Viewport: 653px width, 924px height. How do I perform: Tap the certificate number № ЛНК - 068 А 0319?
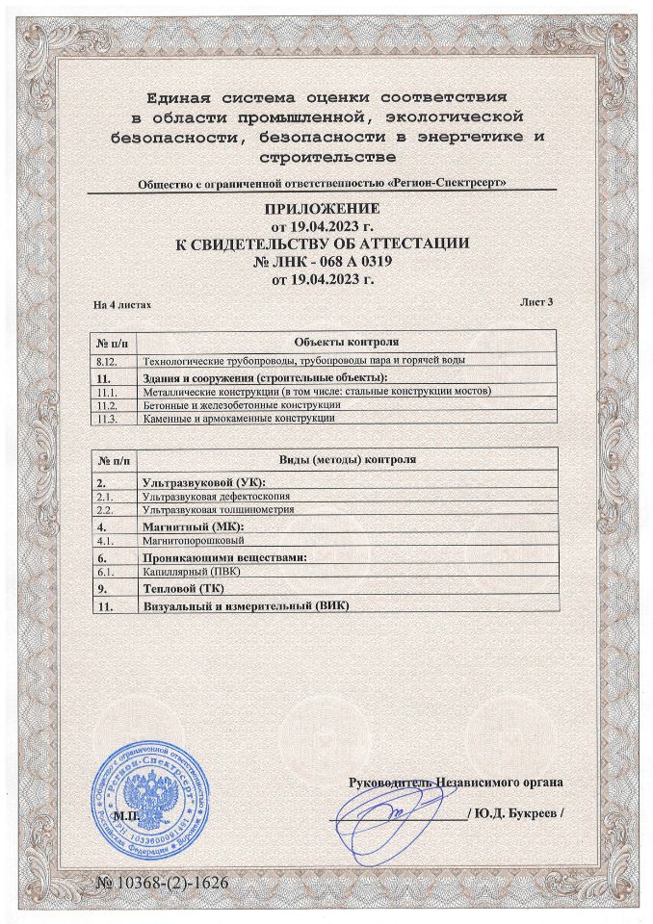point(326,262)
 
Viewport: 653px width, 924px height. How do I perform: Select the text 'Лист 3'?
point(537,301)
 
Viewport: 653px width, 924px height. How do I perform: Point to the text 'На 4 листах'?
point(122,303)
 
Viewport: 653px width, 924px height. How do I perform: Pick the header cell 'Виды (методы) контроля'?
point(347,460)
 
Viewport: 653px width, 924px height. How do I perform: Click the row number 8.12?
point(107,360)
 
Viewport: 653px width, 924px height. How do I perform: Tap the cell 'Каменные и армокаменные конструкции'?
point(238,419)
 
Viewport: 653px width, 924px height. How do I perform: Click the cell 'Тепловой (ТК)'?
point(179,587)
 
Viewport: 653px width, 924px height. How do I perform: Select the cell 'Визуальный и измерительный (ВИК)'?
point(245,606)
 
